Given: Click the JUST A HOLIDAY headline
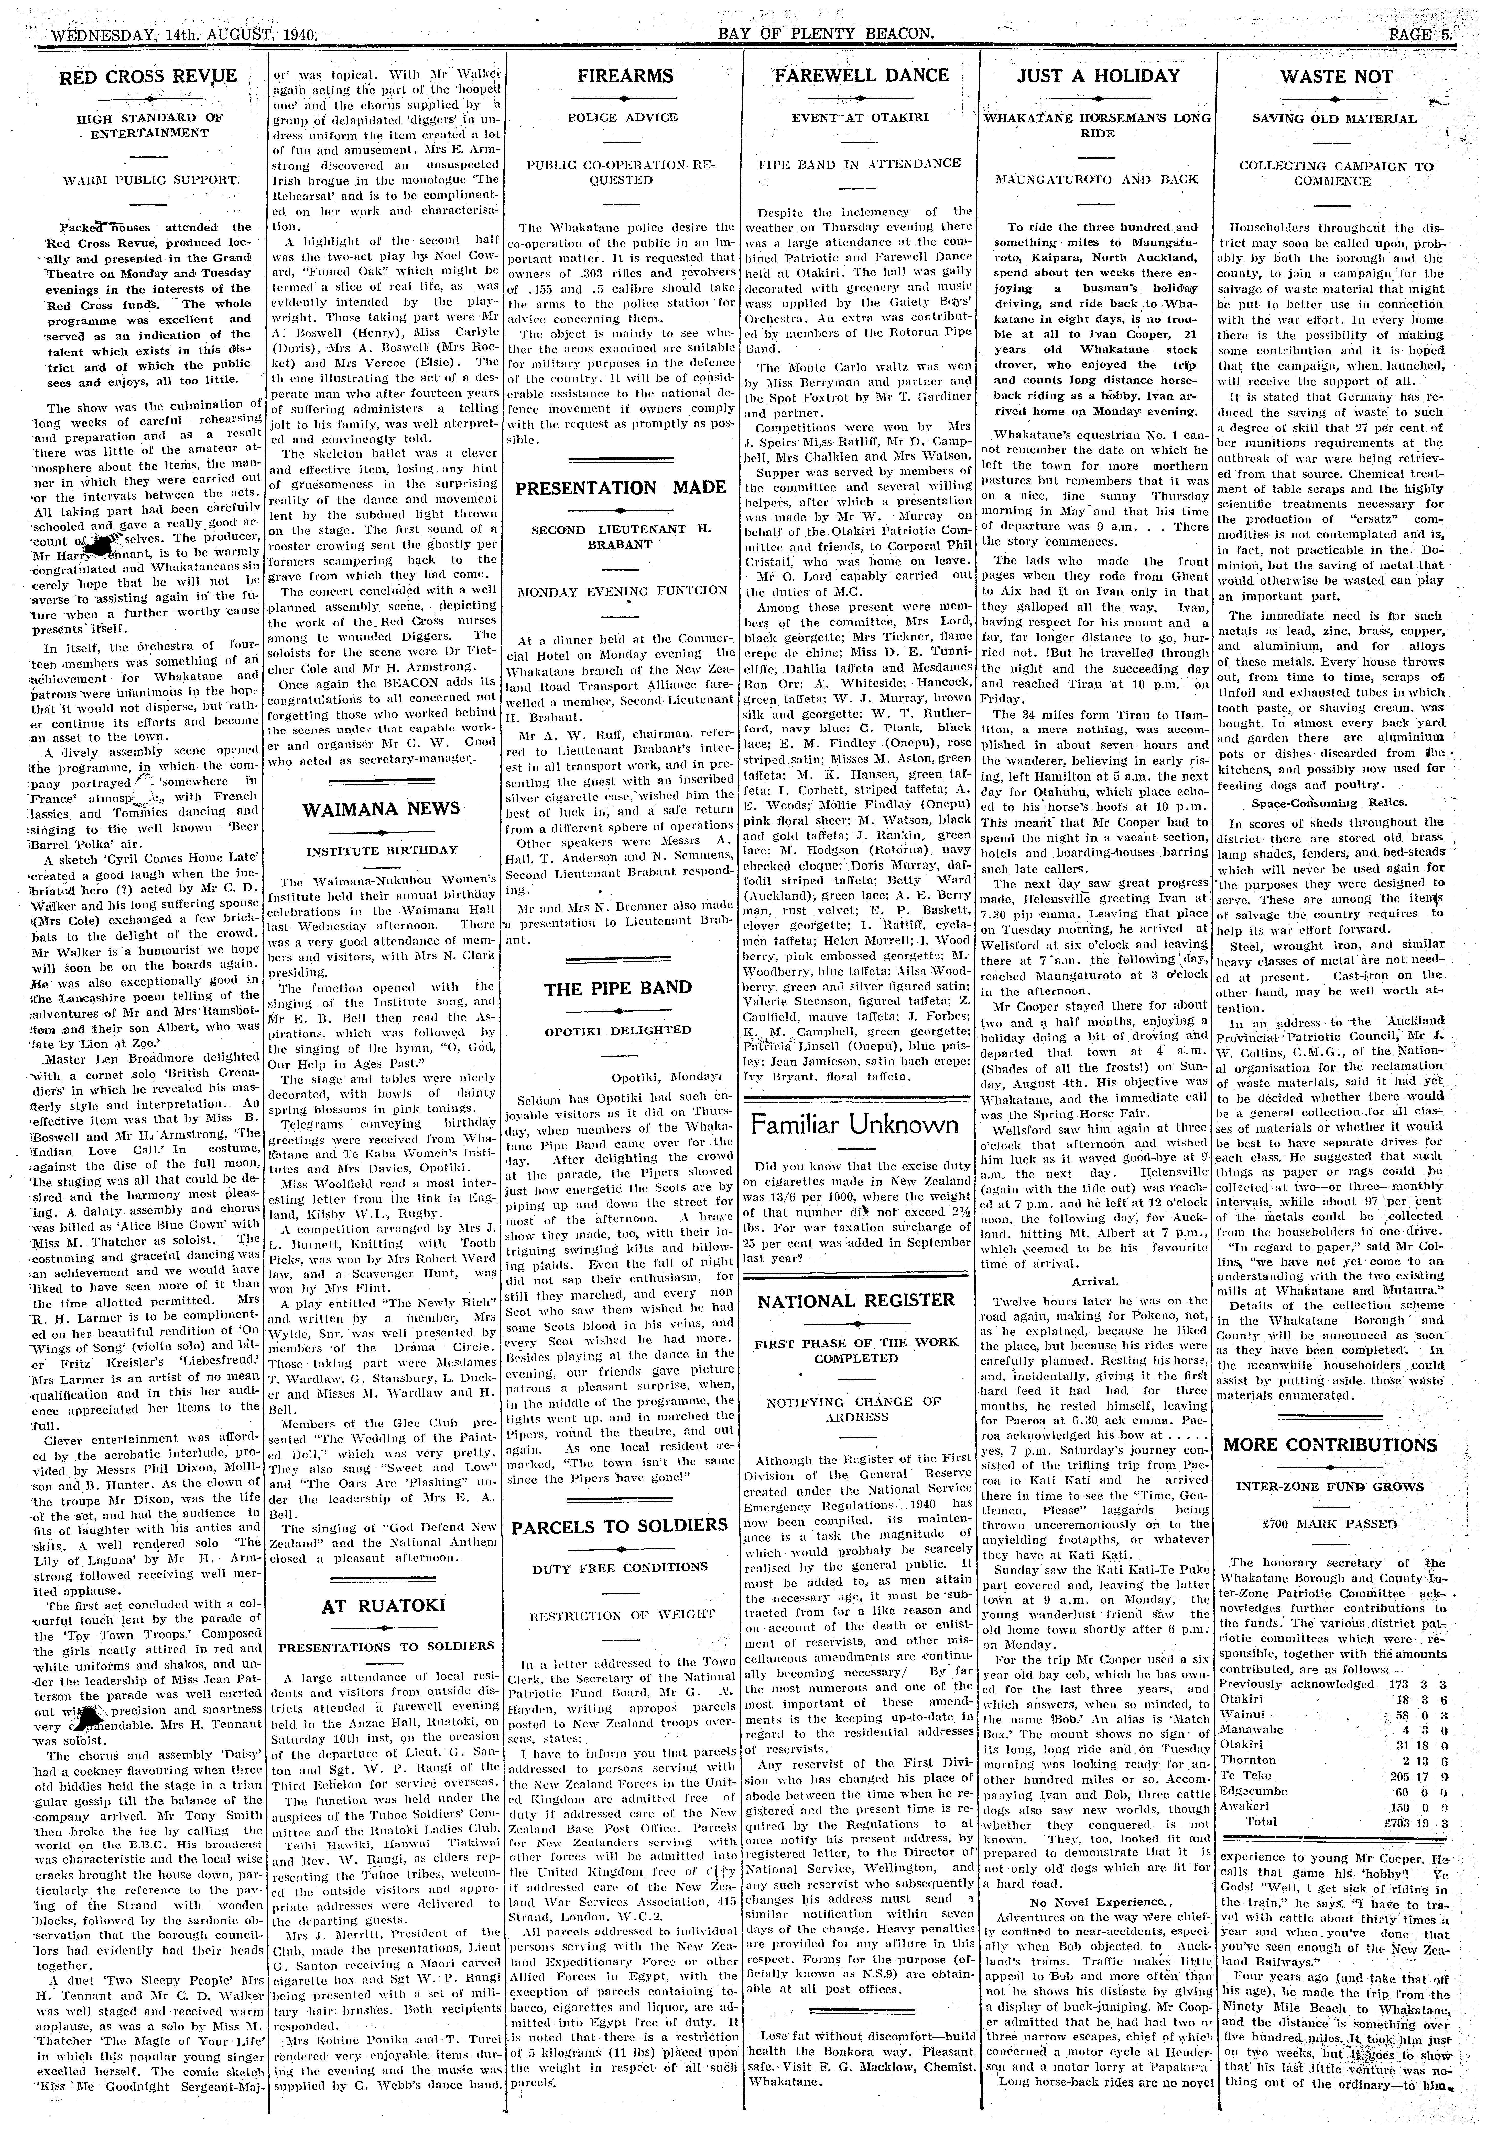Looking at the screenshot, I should (x=1099, y=76).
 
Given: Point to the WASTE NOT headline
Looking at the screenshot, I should (x=1337, y=76).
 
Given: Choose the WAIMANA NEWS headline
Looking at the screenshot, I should (x=382, y=808).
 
